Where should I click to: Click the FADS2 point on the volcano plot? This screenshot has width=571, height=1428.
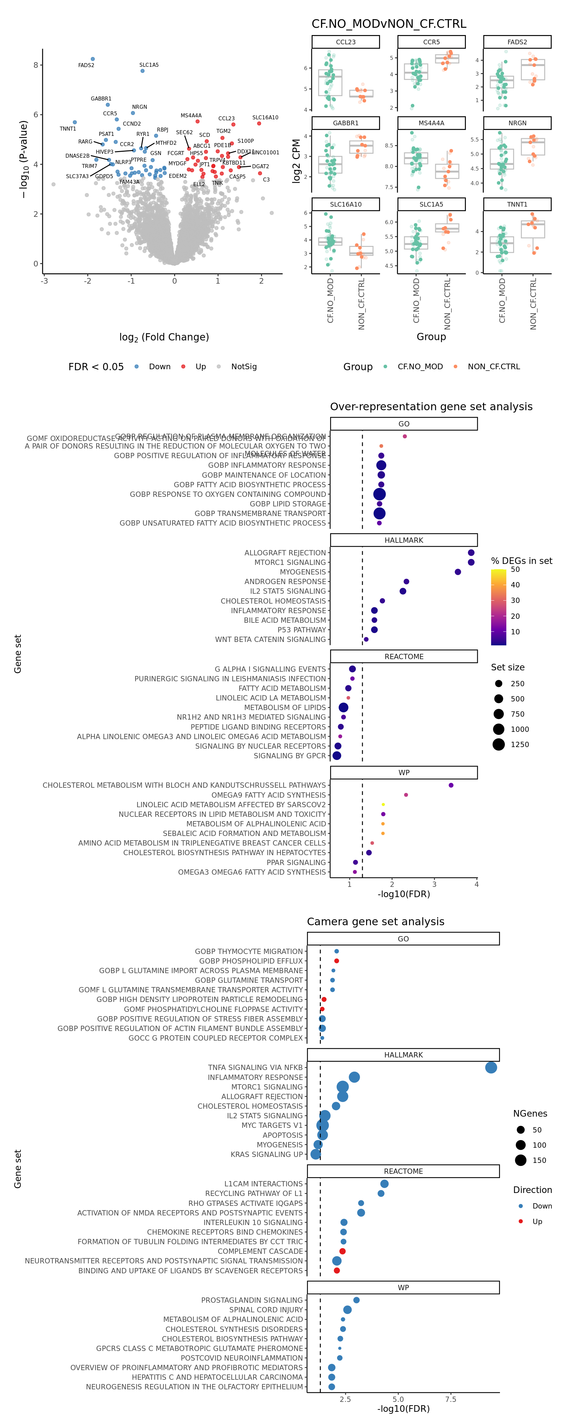[x=93, y=59]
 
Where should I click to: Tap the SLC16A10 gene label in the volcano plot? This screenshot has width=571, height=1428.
[x=265, y=118]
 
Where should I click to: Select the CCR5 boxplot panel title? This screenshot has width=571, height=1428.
[x=431, y=42]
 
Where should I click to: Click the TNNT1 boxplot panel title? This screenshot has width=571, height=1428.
[x=517, y=205]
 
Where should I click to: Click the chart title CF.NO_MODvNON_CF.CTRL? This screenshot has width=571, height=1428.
[x=389, y=24]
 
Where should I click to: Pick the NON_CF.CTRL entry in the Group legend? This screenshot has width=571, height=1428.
[x=493, y=367]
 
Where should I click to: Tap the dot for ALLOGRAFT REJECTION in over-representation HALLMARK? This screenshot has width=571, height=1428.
[x=471, y=553]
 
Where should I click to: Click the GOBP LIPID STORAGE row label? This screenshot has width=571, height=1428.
[x=288, y=504]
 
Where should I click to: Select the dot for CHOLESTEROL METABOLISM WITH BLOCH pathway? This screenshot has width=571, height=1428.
[x=451, y=785]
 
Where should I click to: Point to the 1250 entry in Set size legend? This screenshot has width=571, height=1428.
[x=519, y=744]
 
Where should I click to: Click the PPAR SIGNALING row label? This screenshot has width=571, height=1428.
[x=296, y=862]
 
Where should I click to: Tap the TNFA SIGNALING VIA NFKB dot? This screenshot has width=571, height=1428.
[x=491, y=1067]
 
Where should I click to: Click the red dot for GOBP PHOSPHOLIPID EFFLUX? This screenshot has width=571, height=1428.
[x=336, y=961]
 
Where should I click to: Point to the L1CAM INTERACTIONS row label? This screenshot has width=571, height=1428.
[x=263, y=1183]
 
